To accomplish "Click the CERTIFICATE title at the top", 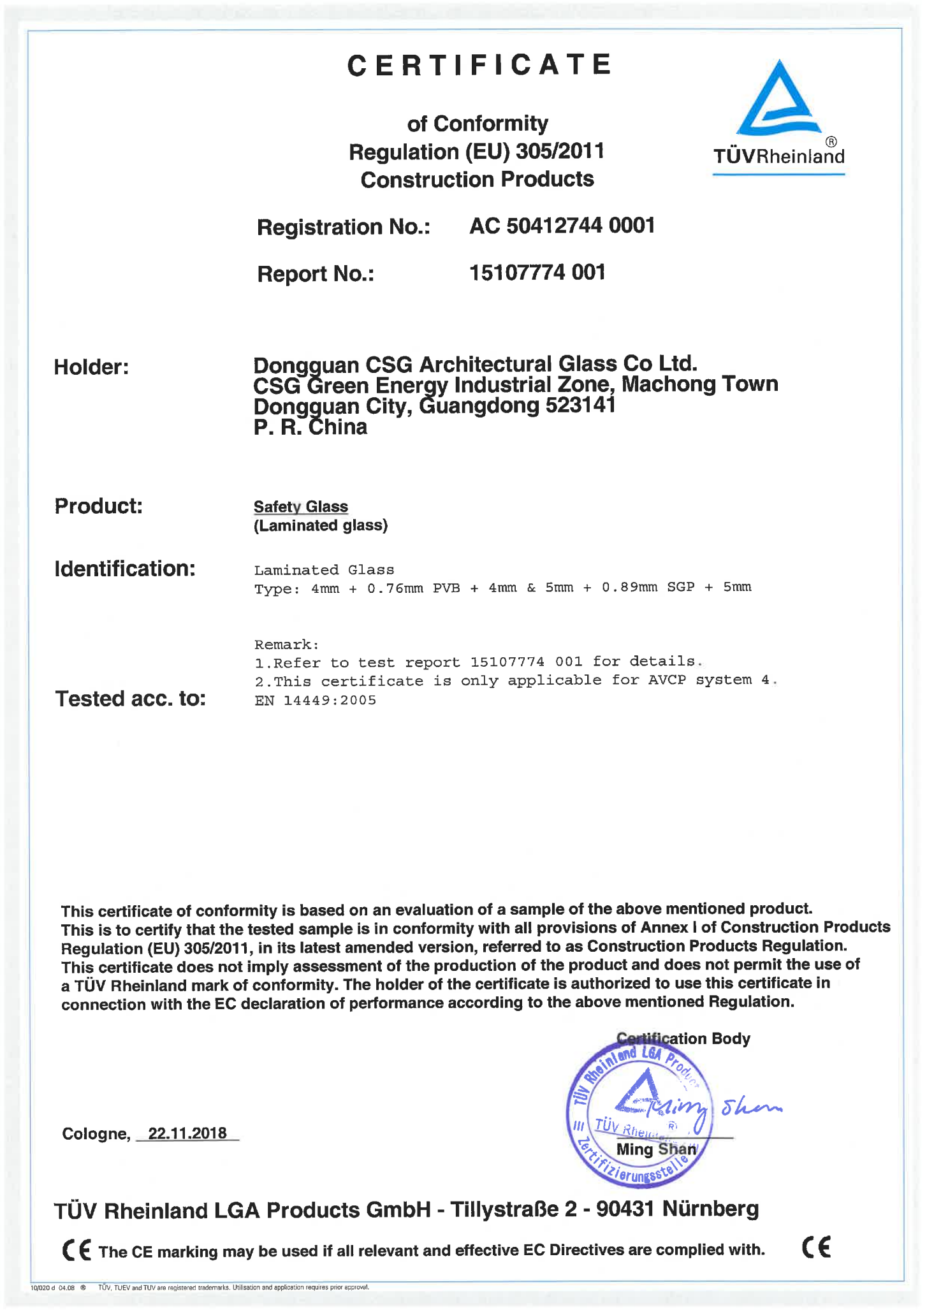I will click(479, 66).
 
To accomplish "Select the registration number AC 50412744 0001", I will click(562, 226).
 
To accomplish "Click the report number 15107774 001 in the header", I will click(537, 273).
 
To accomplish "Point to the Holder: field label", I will click(91, 367).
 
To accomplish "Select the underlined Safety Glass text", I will click(301, 507).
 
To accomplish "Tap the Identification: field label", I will click(125, 569).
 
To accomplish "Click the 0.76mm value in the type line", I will click(395, 588).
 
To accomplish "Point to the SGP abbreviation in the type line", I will click(681, 587).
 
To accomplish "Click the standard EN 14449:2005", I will click(315, 701).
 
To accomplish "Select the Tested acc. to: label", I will click(131, 699).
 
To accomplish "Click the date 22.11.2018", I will click(187, 1133).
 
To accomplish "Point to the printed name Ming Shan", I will click(656, 1149).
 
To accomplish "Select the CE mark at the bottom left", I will click(77, 1249).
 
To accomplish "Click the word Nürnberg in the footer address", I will click(710, 1209).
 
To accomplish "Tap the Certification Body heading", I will click(683, 1038).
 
